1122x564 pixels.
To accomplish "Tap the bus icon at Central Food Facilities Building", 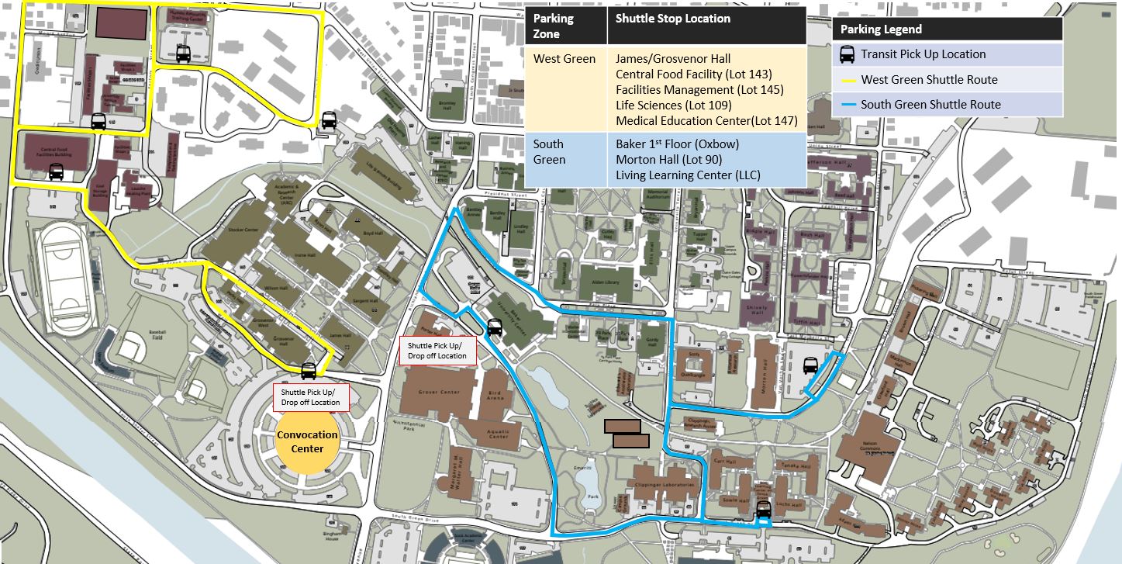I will pos(56,171).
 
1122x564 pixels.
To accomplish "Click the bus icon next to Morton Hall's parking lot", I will pos(810,365).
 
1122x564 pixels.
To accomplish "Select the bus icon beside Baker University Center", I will pos(494,327).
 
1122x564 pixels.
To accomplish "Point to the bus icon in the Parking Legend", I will pos(848,54).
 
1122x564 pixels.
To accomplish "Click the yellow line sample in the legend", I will pos(847,80).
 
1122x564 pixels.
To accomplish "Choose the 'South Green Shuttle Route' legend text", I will pos(930,105).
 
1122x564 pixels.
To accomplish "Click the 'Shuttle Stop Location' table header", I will pos(672,19).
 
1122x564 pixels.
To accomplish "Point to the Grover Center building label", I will pos(440,392).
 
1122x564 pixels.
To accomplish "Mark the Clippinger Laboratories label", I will pos(665,485).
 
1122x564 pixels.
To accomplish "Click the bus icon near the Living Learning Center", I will pos(763,509).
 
